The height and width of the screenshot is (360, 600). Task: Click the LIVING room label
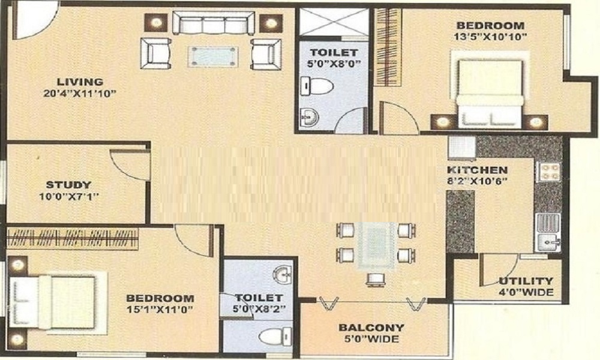pyautogui.click(x=80, y=82)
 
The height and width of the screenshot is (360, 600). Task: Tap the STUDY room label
pyautogui.click(x=68, y=185)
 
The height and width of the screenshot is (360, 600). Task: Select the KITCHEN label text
pyautogui.click(x=477, y=170)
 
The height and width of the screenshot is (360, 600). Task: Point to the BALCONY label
pyautogui.click(x=371, y=328)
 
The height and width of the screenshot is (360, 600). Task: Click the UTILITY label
pyautogui.click(x=526, y=281)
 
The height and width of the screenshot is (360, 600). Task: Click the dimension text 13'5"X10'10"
pyautogui.click(x=491, y=37)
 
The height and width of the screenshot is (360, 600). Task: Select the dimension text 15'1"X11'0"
pyautogui.click(x=160, y=310)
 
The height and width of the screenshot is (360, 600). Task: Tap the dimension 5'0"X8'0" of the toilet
pyautogui.click(x=334, y=64)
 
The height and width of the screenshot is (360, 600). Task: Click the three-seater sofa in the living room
pyautogui.click(x=213, y=23)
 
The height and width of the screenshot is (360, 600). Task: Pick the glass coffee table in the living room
pyautogui.click(x=213, y=56)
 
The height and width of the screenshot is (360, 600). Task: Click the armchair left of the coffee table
pyautogui.click(x=156, y=53)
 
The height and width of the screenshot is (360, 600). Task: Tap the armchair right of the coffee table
pyautogui.click(x=266, y=53)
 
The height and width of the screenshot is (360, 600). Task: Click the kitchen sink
pyautogui.click(x=549, y=232)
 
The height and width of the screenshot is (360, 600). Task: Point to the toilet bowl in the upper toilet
pyautogui.click(x=316, y=86)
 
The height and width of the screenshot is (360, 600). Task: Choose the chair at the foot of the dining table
pyautogui.click(x=375, y=280)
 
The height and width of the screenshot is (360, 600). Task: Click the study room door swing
pyautogui.click(x=130, y=165)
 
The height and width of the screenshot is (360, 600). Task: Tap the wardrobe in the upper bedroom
pyautogui.click(x=388, y=47)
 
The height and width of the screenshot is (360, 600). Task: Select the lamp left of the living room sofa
pyautogui.click(x=156, y=23)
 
